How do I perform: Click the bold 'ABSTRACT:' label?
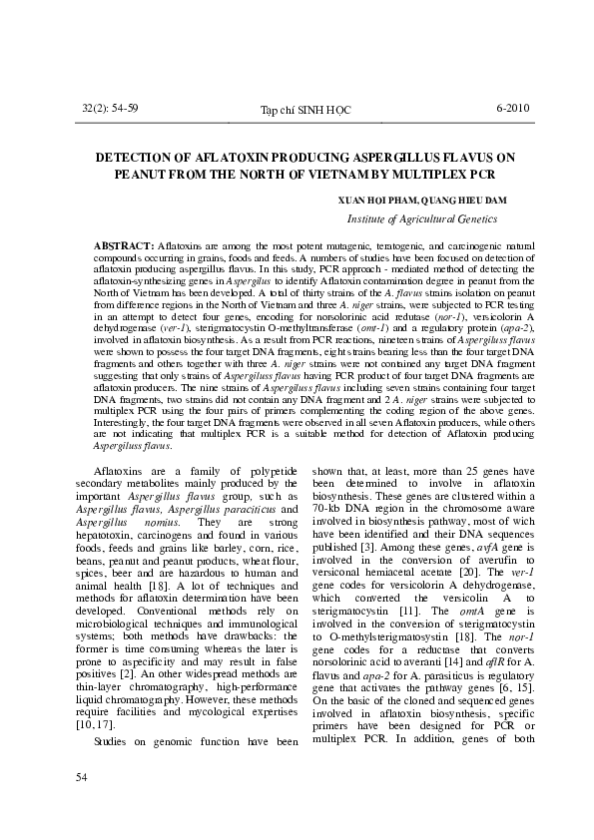[x=123, y=244]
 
